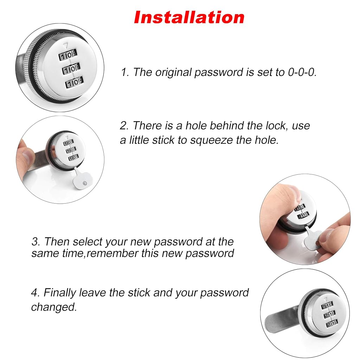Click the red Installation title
[x=189, y=18]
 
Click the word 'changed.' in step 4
[x=54, y=307]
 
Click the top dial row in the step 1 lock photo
[x=68, y=55]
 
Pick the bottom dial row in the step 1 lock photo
[x=74, y=82]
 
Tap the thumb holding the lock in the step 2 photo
[x=26, y=153]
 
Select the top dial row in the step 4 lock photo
[x=327, y=306]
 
